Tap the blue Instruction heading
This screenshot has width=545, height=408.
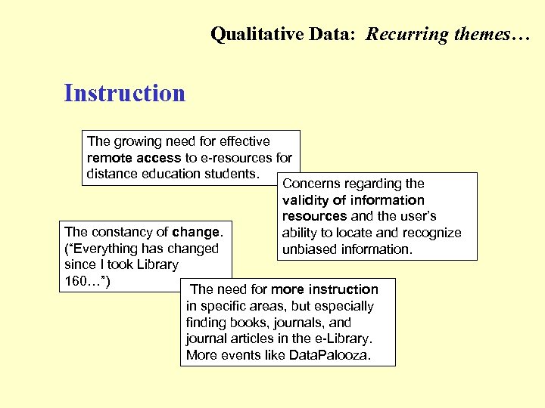[x=125, y=93]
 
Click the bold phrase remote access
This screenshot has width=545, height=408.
[x=135, y=158]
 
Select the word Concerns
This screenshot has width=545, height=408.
[x=311, y=184]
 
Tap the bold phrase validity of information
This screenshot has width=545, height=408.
[x=353, y=200]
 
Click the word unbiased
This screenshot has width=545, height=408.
[x=310, y=249]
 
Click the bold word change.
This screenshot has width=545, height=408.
[x=197, y=232]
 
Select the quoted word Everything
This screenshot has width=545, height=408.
[x=104, y=249]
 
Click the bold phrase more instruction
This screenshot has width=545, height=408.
[x=325, y=289]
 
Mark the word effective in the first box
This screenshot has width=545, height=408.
[x=243, y=141]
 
